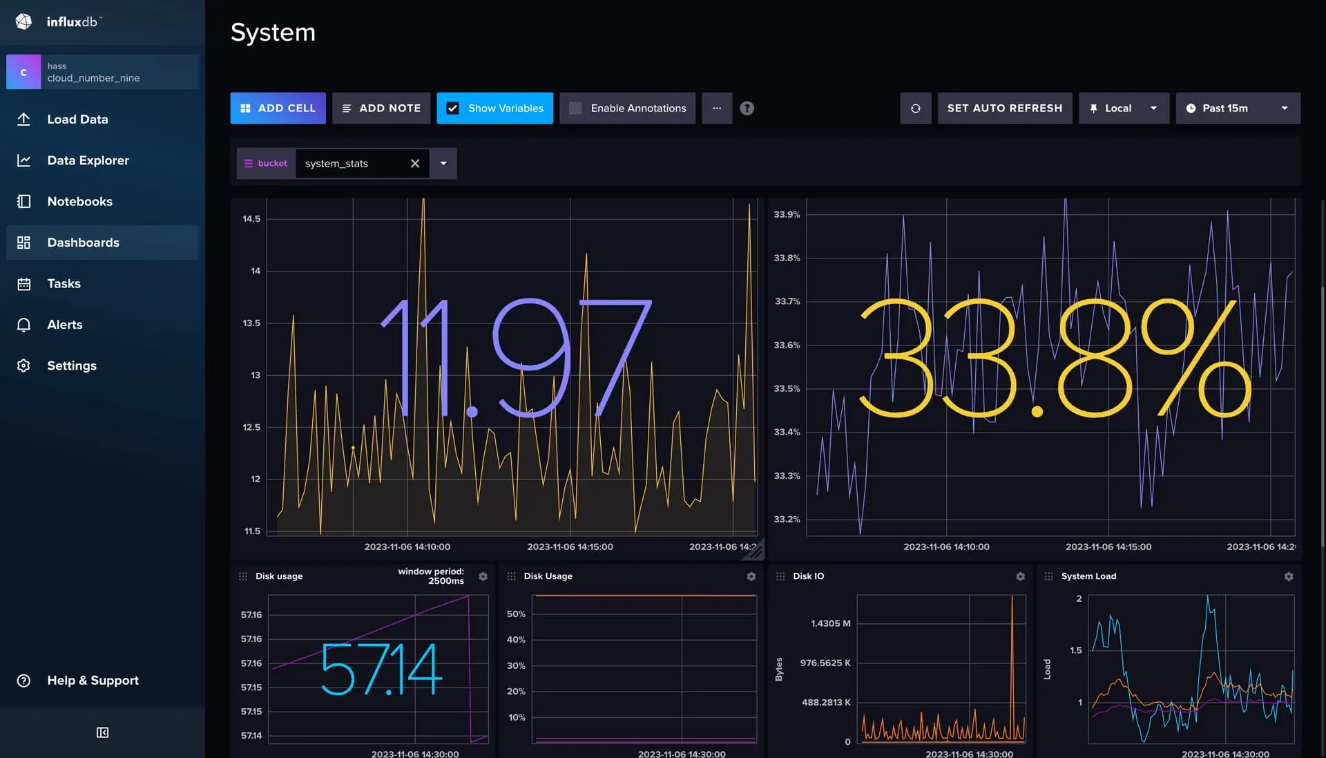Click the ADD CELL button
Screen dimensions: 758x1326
coord(278,108)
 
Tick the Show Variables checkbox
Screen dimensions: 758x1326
coord(453,108)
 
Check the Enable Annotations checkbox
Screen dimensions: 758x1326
coord(575,108)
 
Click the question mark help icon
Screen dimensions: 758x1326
coord(747,108)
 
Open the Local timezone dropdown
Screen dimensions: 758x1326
coord(1124,108)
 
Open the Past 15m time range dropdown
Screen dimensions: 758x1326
coord(1238,108)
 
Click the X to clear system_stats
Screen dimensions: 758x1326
coord(415,164)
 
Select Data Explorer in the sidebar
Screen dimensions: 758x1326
coord(88,160)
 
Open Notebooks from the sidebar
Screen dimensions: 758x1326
coord(79,202)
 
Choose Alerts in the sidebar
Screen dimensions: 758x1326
coord(64,325)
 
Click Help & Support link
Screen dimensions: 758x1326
coord(93,681)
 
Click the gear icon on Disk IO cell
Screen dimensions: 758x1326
coord(1020,576)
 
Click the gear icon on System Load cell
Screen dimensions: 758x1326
coord(1288,576)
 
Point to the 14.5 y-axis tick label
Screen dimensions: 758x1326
coord(251,219)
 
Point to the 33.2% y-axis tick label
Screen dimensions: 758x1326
coord(787,519)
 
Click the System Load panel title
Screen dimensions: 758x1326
coord(1088,576)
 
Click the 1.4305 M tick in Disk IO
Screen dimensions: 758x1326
coord(830,623)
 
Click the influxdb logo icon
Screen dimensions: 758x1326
coord(23,22)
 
